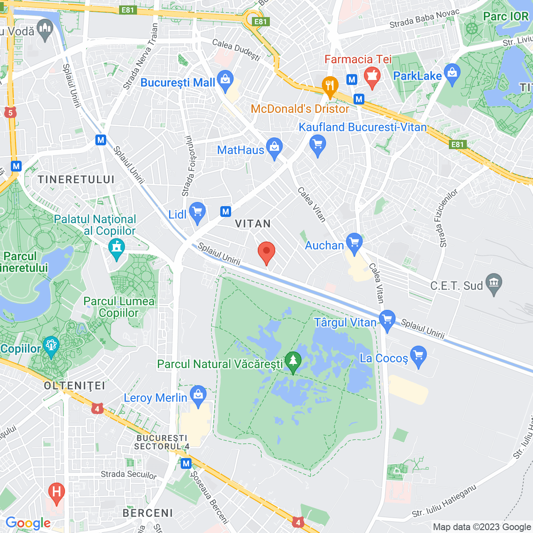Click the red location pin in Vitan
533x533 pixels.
pyautogui.click(x=266, y=251)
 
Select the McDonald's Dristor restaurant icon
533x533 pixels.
pyautogui.click(x=330, y=86)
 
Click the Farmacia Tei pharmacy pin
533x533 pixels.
pyautogui.click(x=372, y=76)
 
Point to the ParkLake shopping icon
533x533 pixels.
pyautogui.click(x=452, y=73)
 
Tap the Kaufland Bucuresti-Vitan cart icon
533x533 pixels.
pyautogui.click(x=318, y=145)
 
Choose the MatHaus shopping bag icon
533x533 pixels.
pyautogui.click(x=274, y=147)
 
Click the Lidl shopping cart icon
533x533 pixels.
pyautogui.click(x=197, y=212)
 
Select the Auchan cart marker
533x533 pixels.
pyautogui.click(x=354, y=242)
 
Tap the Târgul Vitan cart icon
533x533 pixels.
pyautogui.click(x=387, y=320)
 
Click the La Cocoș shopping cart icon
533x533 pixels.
pyautogui.click(x=418, y=356)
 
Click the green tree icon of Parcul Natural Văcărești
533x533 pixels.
pyautogui.click(x=293, y=361)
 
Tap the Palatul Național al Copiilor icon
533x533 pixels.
pyautogui.click(x=117, y=248)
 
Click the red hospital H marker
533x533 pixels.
pyautogui.click(x=57, y=492)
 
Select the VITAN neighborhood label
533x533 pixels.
pyautogui.click(x=253, y=224)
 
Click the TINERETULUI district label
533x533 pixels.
pyautogui.click(x=76, y=179)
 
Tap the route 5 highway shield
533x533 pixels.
pyautogui.click(x=11, y=112)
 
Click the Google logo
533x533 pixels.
pyautogui.click(x=28, y=523)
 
